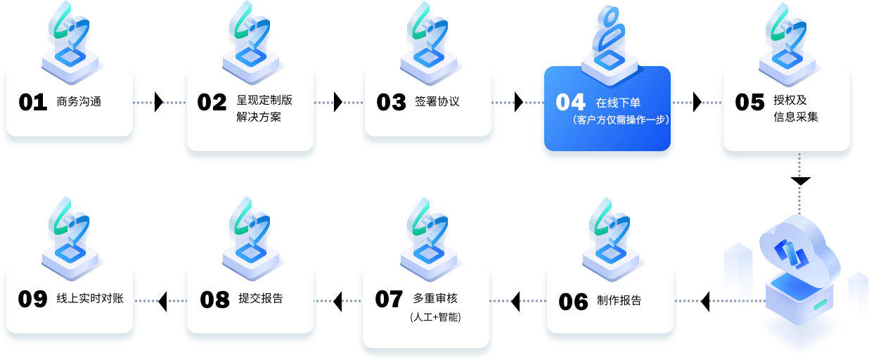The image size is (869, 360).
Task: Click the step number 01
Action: tap(32, 103)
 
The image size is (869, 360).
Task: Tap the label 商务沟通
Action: tap(79, 101)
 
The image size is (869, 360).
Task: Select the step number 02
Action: tap(212, 103)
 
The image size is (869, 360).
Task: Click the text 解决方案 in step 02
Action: tap(259, 117)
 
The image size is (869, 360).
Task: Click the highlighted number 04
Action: tap(570, 103)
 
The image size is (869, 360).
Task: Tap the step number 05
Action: tap(749, 103)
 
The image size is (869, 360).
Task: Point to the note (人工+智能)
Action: tap(436, 317)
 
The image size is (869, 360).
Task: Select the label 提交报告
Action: tap(260, 298)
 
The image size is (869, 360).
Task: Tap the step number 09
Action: tap(32, 300)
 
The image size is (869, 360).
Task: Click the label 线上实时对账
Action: tap(89, 298)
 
